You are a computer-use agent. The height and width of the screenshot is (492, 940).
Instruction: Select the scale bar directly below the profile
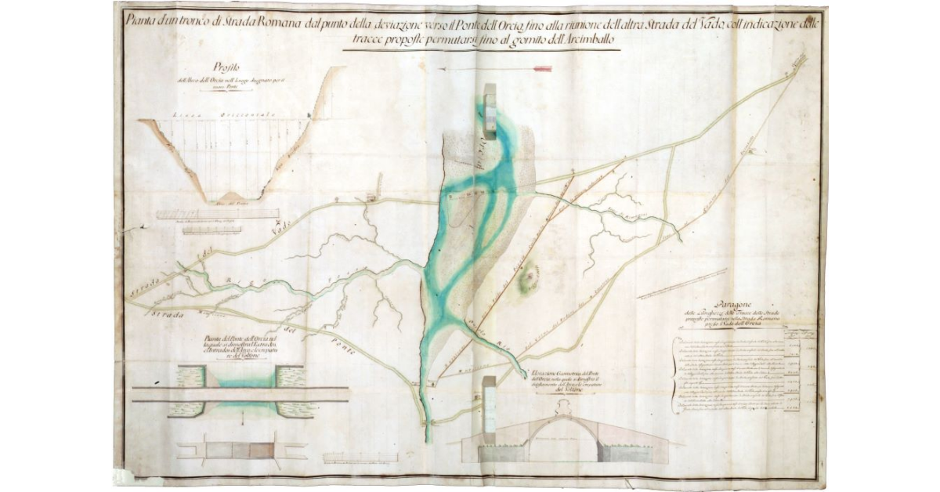(x=217, y=213)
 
